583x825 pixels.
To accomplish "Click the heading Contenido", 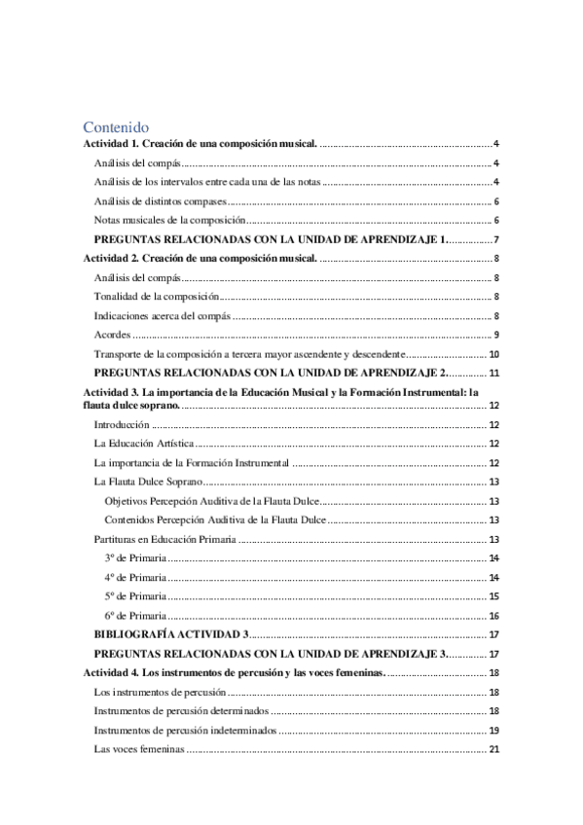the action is [115, 126].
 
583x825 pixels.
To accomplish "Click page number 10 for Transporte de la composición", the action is [493, 354].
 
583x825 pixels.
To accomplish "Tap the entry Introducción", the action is [121, 425].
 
